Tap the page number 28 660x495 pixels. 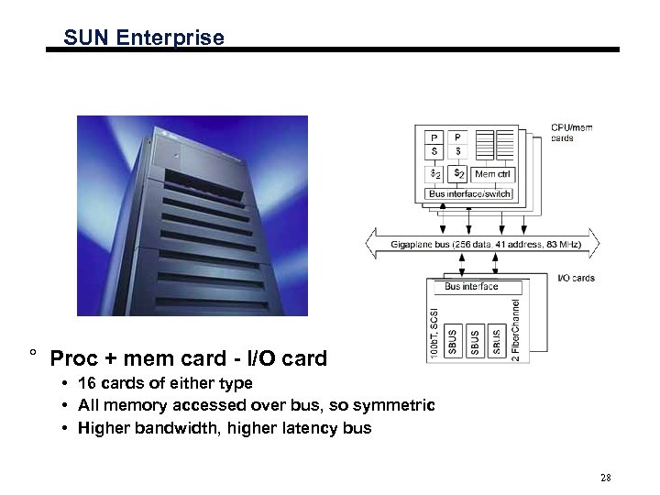coord(605,478)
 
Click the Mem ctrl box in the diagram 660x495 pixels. coord(494,174)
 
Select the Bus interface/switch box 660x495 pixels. coord(470,194)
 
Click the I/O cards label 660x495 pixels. coord(577,278)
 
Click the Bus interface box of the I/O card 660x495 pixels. coord(471,287)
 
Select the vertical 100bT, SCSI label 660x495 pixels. coord(434,332)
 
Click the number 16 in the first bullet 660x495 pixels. coord(88,383)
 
